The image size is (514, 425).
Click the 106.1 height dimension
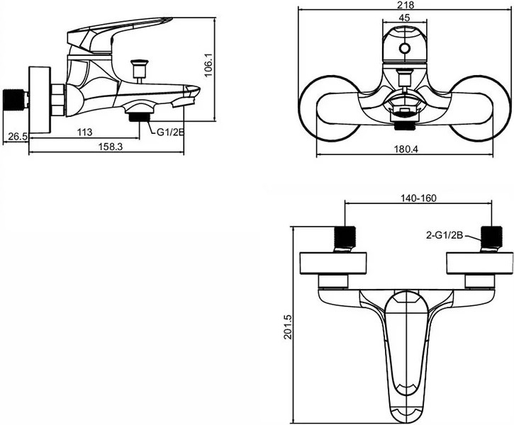[209, 65]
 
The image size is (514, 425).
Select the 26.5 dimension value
[18, 136]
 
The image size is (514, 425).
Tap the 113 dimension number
[84, 132]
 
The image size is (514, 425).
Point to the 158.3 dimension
[111, 147]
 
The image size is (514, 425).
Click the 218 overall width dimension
[405, 5]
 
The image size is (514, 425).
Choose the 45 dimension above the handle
[405, 18]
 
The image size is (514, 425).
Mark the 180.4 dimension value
[406, 149]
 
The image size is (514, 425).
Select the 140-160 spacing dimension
[418, 198]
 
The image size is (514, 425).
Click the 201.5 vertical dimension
[288, 327]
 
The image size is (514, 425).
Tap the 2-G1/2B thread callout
[445, 235]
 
